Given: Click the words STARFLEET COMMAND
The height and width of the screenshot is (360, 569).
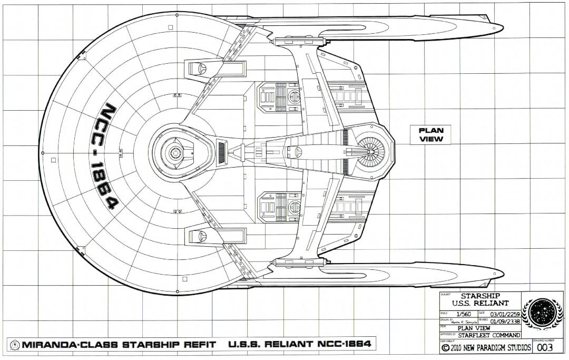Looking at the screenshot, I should (488, 335).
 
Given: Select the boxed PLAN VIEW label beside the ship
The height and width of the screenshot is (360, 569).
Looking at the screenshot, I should (430, 135).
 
